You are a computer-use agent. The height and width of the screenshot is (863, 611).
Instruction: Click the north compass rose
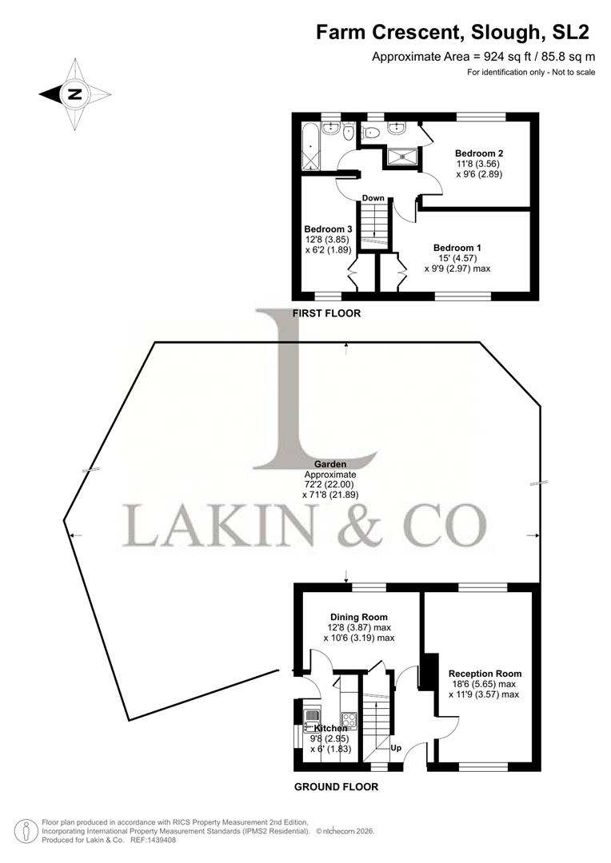coord(74,94)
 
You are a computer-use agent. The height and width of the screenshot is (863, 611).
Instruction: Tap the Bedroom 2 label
coord(479,153)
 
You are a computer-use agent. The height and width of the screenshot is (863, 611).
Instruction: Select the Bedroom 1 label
coord(457,248)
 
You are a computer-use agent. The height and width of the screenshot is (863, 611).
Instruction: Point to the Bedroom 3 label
coord(328,229)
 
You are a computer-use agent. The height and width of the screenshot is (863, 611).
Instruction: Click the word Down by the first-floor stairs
coord(373,198)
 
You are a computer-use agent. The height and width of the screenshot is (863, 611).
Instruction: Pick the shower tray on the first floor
coord(402,157)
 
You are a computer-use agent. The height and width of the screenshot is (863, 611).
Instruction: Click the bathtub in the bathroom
coord(310,149)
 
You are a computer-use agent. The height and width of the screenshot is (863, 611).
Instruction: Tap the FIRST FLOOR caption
coord(326,313)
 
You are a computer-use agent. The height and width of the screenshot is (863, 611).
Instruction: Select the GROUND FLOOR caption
coord(336,786)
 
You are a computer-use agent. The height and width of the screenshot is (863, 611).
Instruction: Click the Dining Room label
coord(359,617)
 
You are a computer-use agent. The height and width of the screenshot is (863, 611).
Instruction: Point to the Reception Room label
coord(485,674)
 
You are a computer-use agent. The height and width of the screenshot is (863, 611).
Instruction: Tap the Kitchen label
coord(330,728)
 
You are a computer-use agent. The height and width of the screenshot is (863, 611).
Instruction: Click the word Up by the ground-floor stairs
coord(395,749)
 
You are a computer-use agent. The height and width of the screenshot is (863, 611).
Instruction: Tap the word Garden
coord(329,463)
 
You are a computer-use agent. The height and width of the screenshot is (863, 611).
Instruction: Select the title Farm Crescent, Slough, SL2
coord(453,33)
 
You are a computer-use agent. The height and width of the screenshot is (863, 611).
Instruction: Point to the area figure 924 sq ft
coord(491,56)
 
